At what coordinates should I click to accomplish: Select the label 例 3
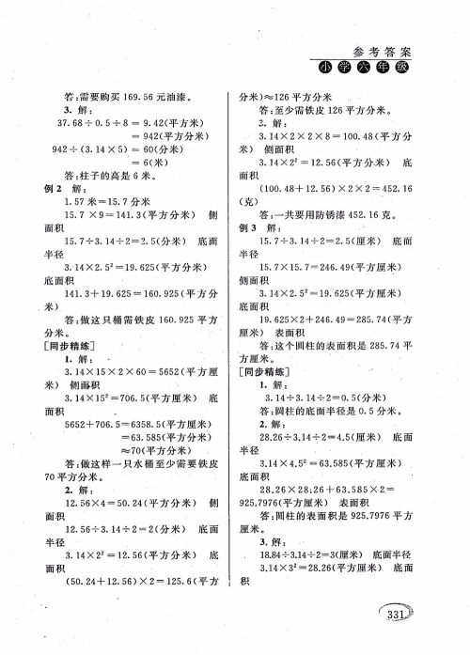[x=249, y=226]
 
